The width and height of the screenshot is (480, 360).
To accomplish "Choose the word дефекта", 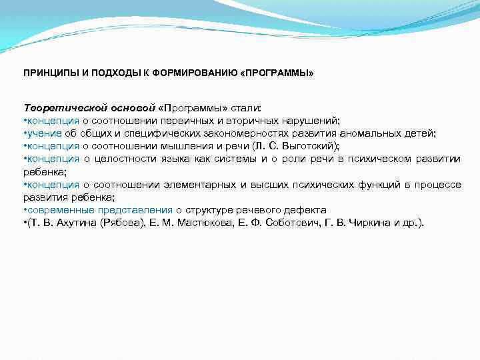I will pyautogui.click(x=305, y=209).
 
